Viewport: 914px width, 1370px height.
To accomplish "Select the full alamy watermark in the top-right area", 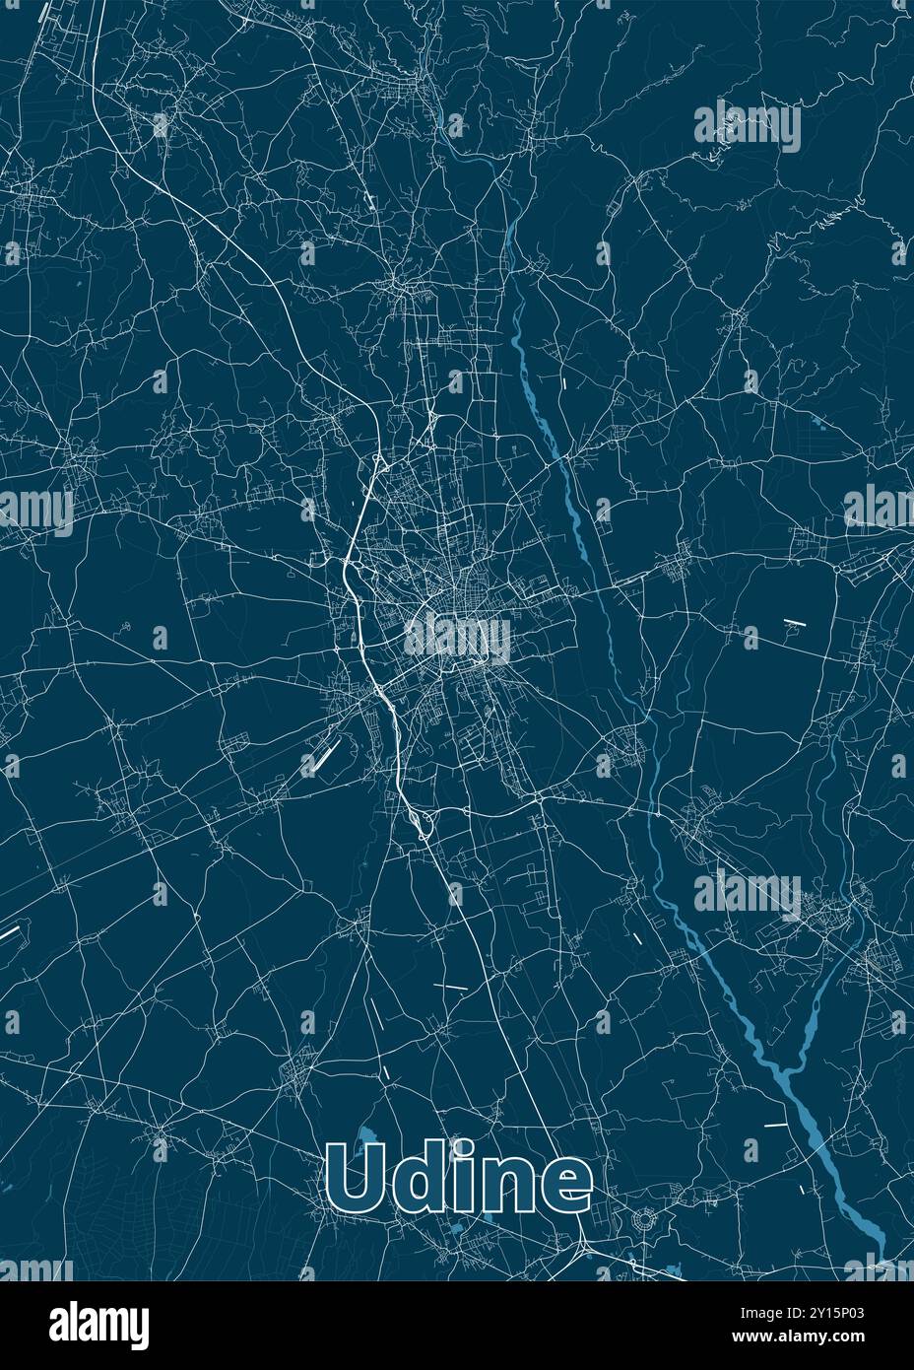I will click(x=748, y=125).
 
